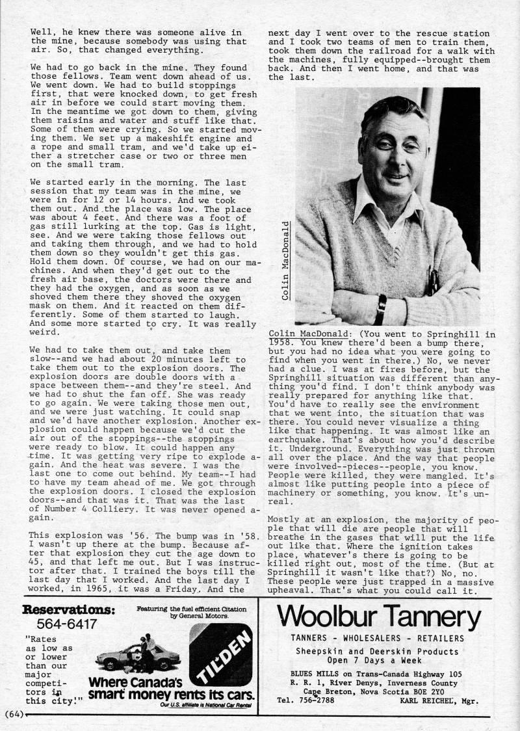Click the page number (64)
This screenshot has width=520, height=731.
(13, 713)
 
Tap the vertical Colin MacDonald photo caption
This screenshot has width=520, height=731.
(286, 260)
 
